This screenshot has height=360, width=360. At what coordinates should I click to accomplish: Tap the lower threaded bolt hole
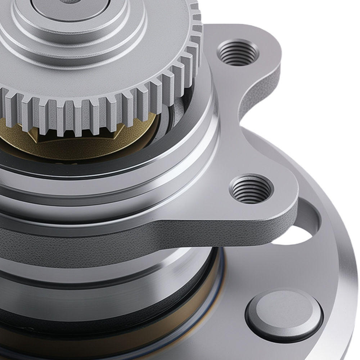(x=251, y=189)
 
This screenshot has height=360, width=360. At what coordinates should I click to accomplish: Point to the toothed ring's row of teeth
(x=108, y=108)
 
